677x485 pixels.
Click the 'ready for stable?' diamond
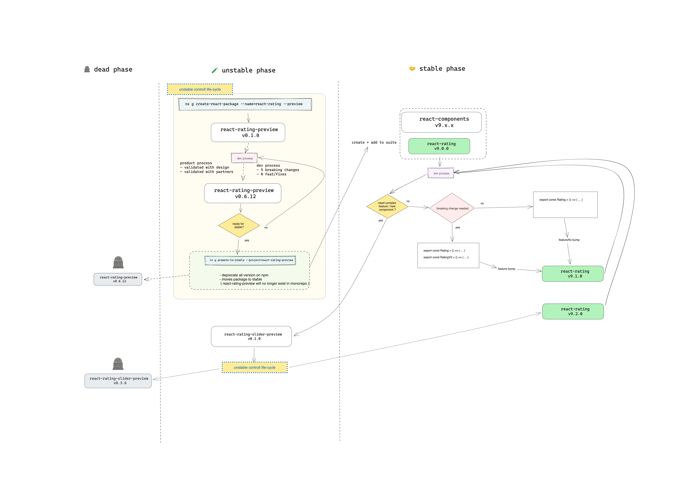pyautogui.click(x=239, y=225)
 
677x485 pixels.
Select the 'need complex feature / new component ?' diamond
pyautogui.click(x=387, y=206)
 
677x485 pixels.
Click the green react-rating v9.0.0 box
pyautogui.click(x=439, y=146)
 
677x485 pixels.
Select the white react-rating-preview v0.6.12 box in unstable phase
pyautogui.click(x=243, y=193)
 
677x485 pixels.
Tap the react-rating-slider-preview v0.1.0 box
pyautogui.click(x=251, y=336)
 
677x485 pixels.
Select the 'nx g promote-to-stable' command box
pyautogui.click(x=250, y=260)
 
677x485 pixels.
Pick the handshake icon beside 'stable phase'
pyautogui.click(x=412, y=69)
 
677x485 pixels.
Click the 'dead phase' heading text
pyautogui.click(x=113, y=69)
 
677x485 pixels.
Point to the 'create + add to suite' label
pyautogui.click(x=374, y=143)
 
